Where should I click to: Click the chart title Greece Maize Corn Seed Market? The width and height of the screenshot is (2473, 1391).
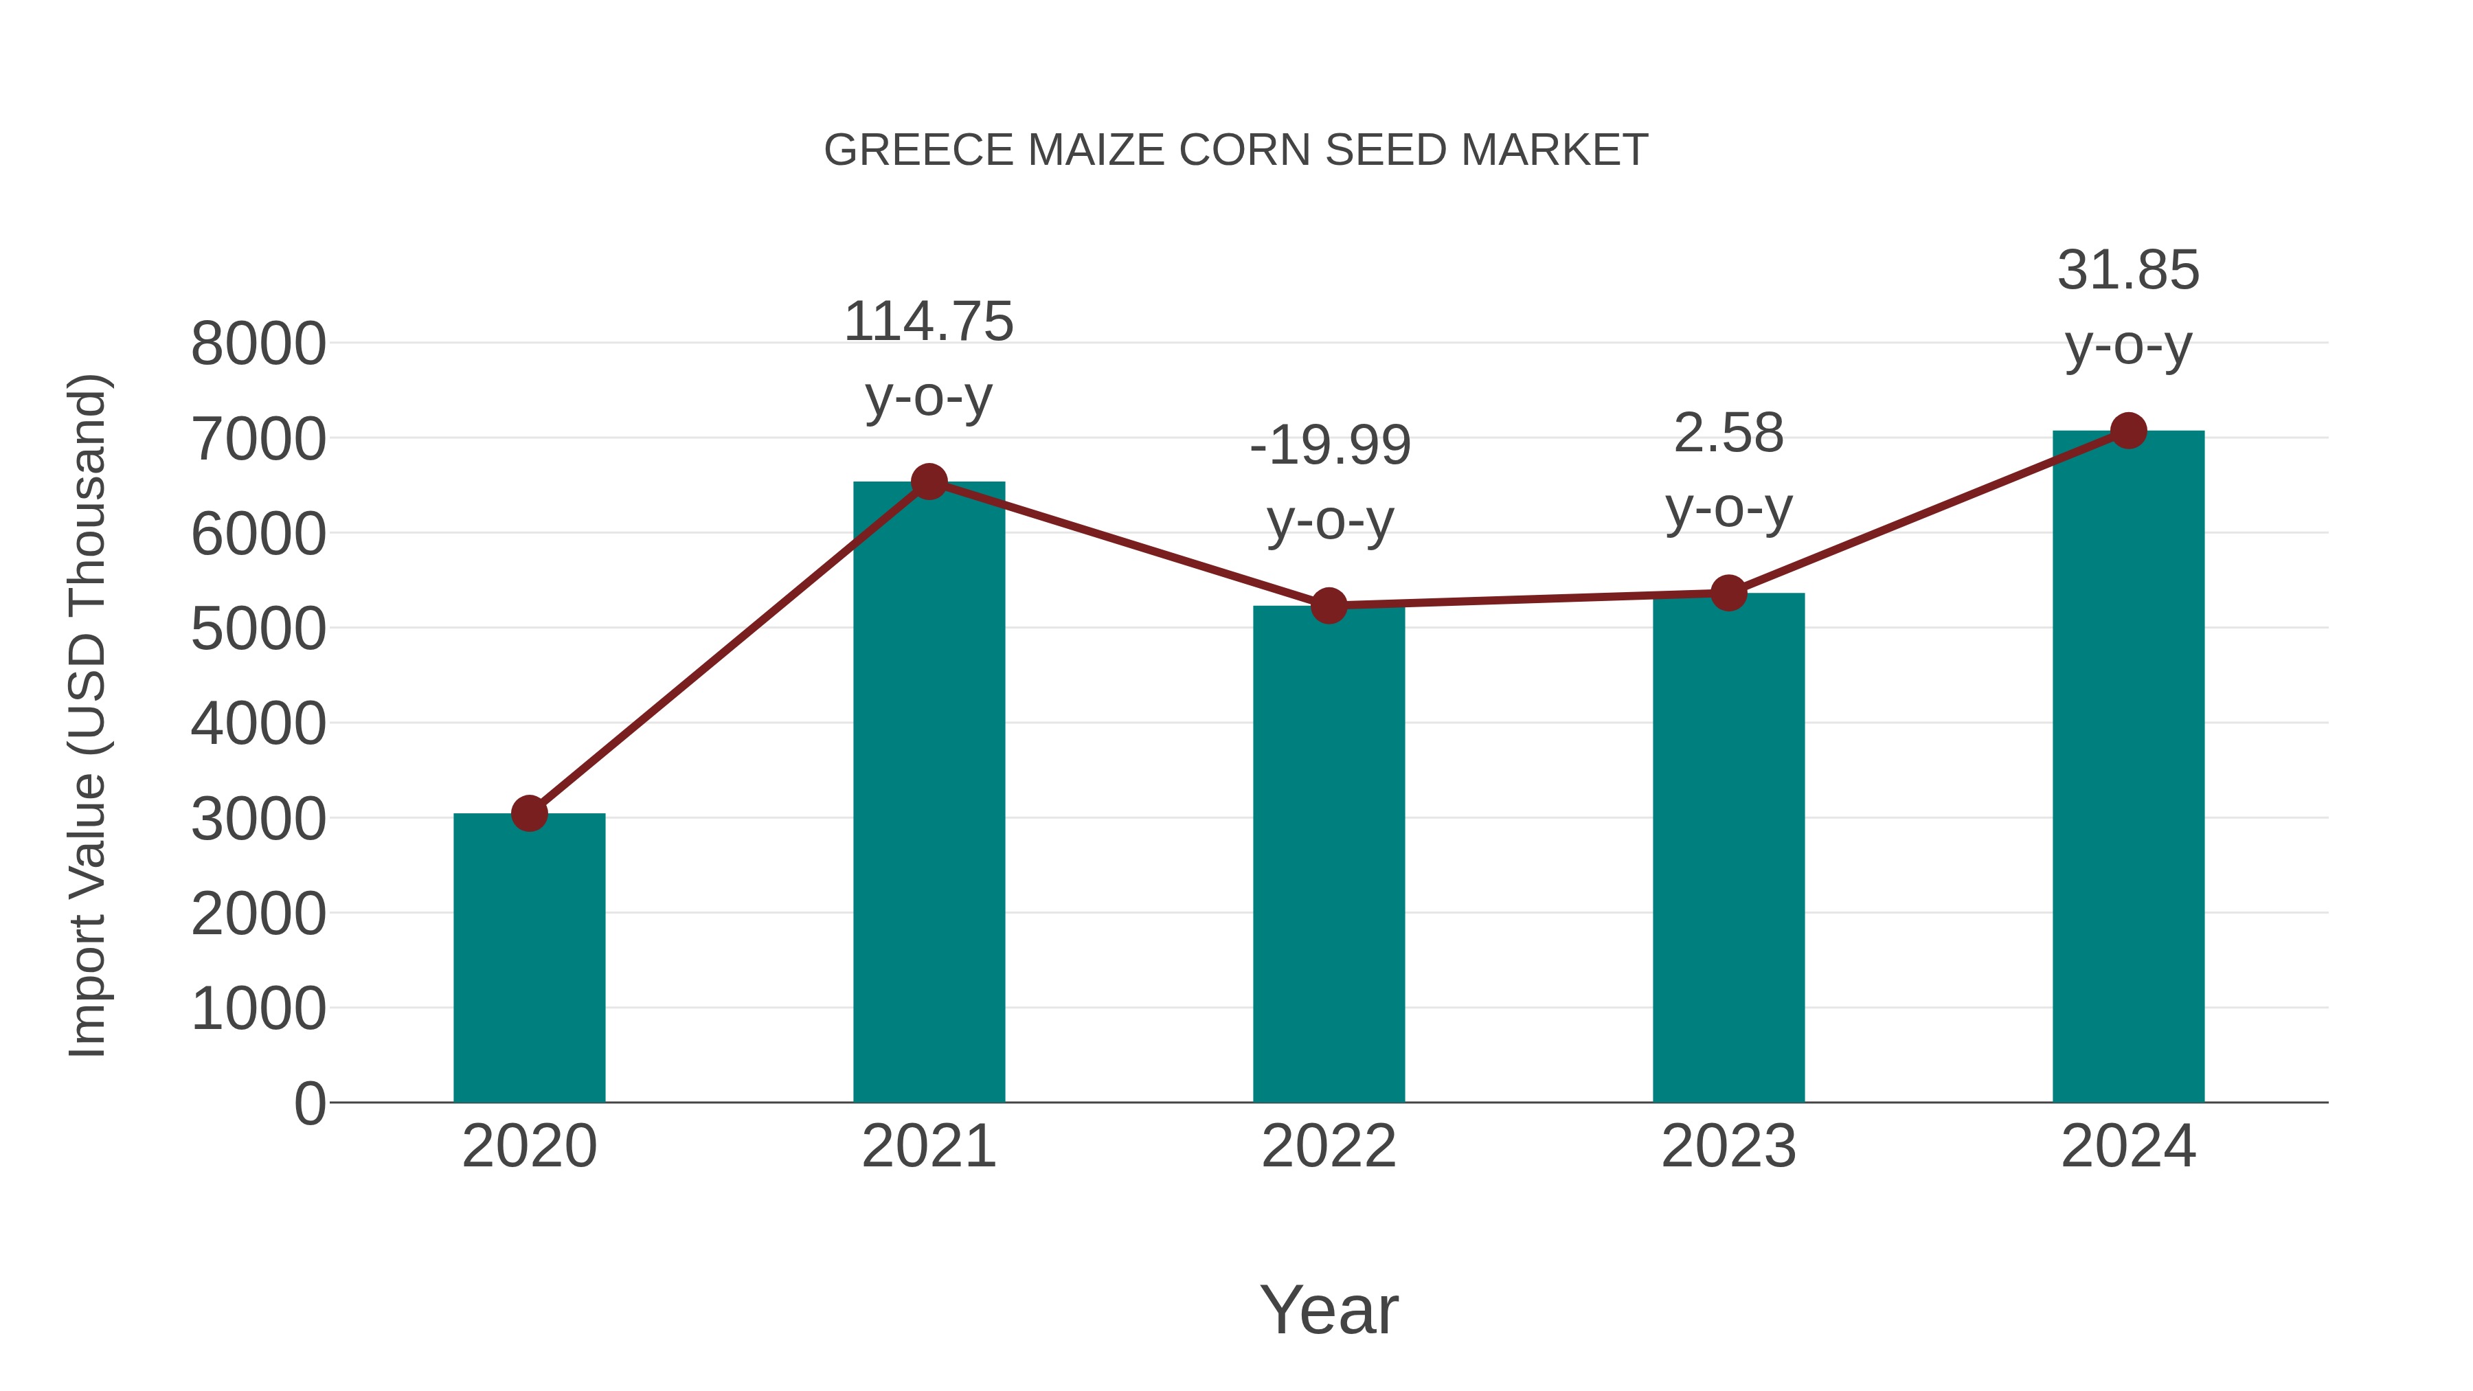1236,150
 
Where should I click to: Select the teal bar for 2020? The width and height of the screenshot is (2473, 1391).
529,960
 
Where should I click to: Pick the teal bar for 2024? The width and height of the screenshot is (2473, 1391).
2128,768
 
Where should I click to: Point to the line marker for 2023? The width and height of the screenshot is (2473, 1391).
1728,593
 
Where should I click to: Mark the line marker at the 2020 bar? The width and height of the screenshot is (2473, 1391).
529,814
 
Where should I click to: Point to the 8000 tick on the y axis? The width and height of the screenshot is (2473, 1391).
258,343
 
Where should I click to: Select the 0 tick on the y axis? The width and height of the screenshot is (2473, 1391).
309,1104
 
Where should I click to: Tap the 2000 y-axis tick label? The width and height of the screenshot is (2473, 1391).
258,914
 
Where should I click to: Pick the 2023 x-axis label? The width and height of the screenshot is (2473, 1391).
1728,1146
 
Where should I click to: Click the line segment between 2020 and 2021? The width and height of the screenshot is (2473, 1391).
730,648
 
